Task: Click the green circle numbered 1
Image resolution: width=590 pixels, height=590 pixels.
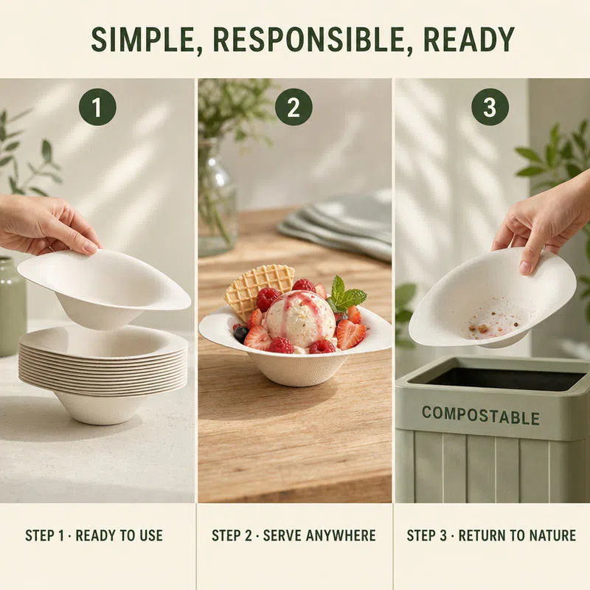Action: tap(97, 107)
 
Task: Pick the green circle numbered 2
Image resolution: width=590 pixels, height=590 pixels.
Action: tap(294, 107)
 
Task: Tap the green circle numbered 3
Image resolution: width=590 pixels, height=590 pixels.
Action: tap(490, 107)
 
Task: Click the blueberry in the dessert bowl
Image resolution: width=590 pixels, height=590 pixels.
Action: tap(241, 333)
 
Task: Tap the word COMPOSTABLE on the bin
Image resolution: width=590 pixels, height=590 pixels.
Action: tap(481, 415)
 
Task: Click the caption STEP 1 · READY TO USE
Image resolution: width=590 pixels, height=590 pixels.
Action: tap(94, 535)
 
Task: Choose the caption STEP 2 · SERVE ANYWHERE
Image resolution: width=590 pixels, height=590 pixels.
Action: tap(294, 535)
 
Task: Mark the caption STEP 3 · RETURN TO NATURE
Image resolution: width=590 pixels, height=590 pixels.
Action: tap(491, 535)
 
